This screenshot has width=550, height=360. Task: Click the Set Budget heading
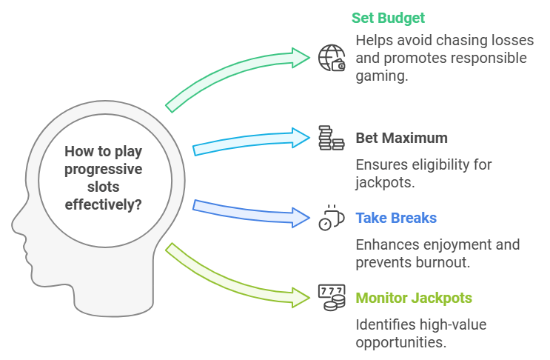(x=388, y=19)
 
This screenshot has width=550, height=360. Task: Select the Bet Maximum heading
(x=402, y=138)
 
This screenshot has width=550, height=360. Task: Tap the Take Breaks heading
(x=396, y=218)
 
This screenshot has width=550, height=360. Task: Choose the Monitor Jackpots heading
(x=414, y=299)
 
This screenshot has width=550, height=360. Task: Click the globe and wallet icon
(x=332, y=58)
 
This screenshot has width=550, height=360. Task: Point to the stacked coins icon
(x=332, y=138)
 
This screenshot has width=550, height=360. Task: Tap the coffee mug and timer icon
(x=332, y=218)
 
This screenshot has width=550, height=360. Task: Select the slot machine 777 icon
(x=332, y=298)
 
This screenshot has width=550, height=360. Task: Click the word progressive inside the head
(x=104, y=170)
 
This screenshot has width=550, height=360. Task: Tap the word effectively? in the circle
(x=104, y=204)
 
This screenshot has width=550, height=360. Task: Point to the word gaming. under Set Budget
(x=382, y=76)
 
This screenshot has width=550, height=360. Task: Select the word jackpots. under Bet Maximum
(x=385, y=182)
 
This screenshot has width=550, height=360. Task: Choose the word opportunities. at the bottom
(x=401, y=343)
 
